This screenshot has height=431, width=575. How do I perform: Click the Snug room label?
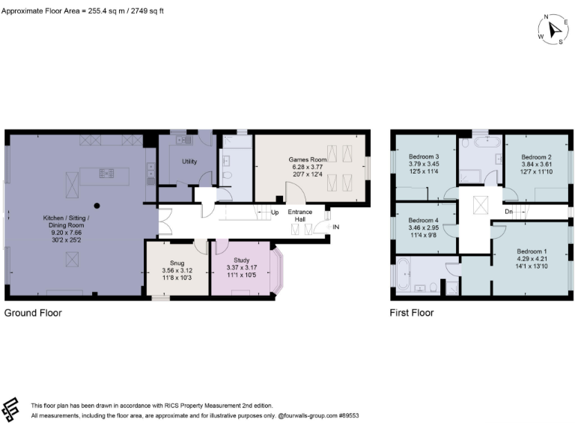click(177, 263)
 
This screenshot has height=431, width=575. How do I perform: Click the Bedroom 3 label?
click(425, 156)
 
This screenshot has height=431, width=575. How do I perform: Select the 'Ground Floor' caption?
click(33, 313)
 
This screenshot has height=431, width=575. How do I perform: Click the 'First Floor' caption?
click(411, 313)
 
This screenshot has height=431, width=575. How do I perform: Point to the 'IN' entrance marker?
click(336, 227)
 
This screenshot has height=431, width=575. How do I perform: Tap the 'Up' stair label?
click(274, 212)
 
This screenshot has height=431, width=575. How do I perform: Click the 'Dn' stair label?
click(510, 211)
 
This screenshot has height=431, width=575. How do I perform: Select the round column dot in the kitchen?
click(97, 204)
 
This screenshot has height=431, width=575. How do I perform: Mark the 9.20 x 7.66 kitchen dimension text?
click(66, 233)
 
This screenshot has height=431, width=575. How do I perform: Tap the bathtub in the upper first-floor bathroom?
click(486, 141)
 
